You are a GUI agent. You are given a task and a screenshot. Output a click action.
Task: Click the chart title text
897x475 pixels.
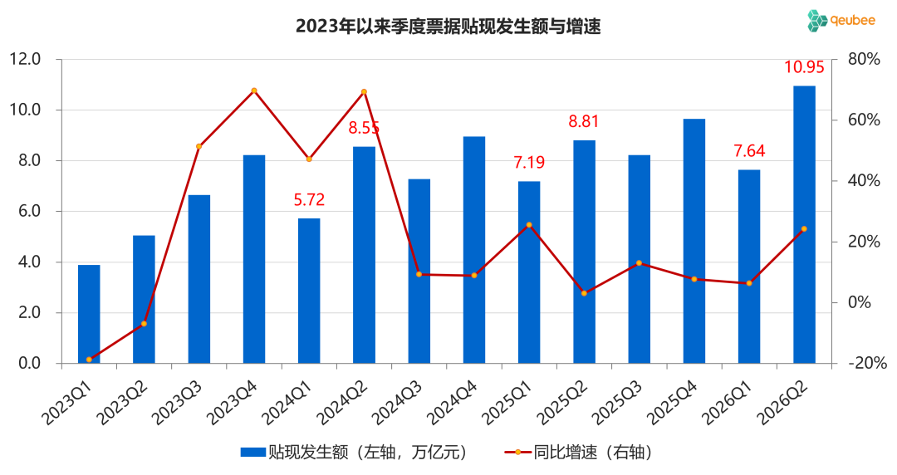pos(448,27)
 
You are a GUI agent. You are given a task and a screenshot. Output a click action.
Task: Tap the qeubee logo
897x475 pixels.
pos(841,21)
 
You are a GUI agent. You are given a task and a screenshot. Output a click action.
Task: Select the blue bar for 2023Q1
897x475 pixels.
pos(89,314)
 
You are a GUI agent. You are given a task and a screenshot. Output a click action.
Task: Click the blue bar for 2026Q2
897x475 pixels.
pos(804,224)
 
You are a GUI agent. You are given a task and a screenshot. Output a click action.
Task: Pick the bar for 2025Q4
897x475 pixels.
pos(694,241)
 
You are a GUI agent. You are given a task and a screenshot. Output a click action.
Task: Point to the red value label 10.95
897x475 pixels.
pos(804,67)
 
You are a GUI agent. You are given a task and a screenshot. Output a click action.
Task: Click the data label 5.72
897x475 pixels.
pos(309,200)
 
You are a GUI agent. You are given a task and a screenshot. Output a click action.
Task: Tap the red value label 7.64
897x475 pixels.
pos(749,151)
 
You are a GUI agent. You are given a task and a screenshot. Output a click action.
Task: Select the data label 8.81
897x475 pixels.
pos(584,121)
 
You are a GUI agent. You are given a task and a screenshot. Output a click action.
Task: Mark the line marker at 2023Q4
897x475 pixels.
pos(254,91)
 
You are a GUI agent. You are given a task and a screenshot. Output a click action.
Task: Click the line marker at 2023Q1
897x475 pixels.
pos(89,360)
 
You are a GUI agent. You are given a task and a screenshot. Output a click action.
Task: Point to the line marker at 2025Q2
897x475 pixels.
pos(584,293)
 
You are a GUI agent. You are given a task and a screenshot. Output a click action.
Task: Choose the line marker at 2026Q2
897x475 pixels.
pos(804,229)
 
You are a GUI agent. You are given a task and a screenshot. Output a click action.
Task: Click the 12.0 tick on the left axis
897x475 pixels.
pos(25,59)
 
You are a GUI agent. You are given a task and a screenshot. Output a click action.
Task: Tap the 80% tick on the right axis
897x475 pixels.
pos(864,59)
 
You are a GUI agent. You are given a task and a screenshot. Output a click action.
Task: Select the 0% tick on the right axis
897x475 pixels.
pos(860,302)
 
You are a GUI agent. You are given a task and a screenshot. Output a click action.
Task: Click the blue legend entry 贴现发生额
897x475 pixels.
pos(355,453)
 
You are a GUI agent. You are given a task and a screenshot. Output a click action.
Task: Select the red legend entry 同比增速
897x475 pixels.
pos(578,453)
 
